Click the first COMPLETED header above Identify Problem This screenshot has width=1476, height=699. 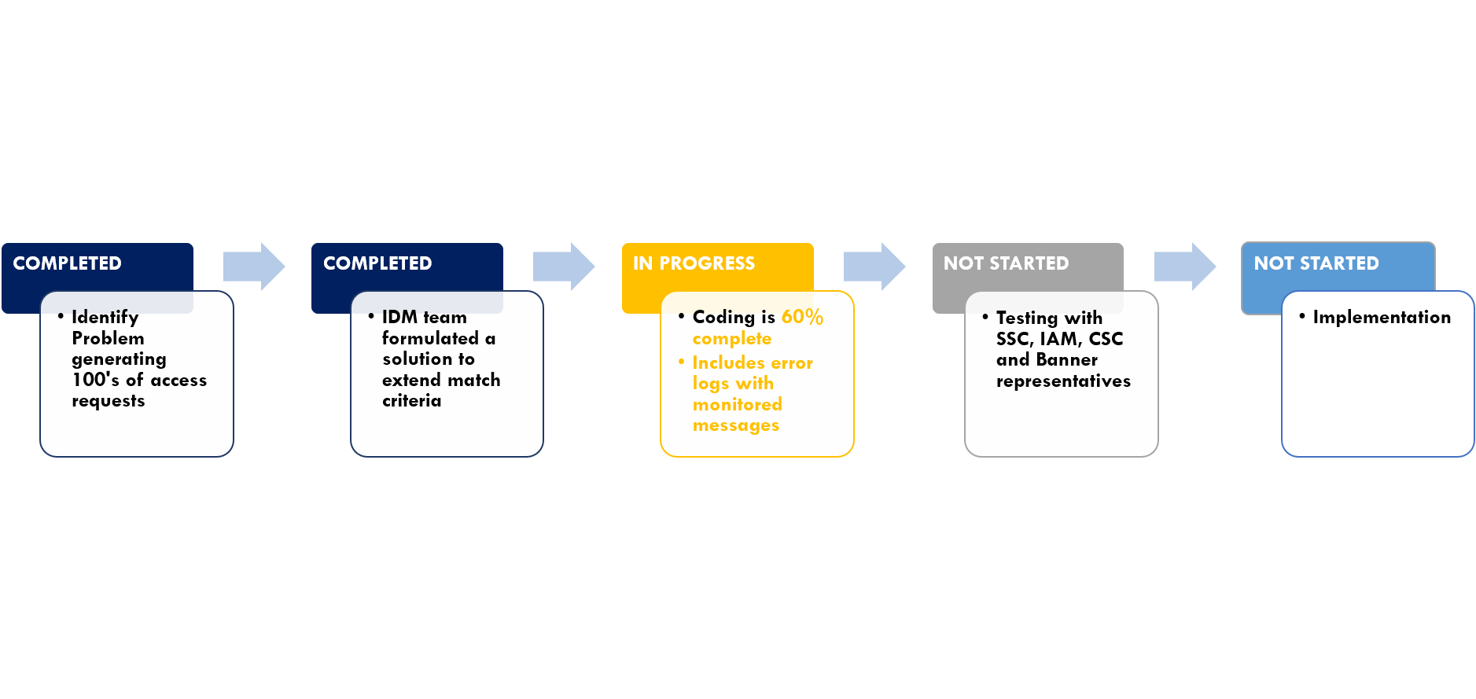coord(67,263)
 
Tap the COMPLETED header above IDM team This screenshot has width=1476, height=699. coord(377,263)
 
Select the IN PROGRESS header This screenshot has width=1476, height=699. coord(694,263)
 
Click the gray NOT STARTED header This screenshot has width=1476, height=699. coord(1006,263)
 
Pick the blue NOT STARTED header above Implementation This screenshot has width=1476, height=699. coord(1316,263)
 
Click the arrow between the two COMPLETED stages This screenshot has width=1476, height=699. coord(254,267)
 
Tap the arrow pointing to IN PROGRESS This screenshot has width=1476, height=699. coord(564,267)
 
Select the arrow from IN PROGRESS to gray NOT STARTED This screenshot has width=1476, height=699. coord(874,267)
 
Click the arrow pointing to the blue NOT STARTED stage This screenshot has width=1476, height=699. coord(1185,267)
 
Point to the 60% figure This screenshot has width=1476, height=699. coord(802,317)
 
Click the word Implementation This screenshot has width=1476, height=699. coord(1382,318)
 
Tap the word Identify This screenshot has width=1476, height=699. coord(105,318)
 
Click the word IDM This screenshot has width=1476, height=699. coord(399,317)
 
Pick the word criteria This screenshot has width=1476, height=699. coord(411,400)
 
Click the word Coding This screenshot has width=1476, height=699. coord(723,318)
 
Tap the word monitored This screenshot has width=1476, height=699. coord(737,404)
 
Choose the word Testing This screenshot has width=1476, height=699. coord(1027,318)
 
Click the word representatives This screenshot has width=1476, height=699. coord(1063,381)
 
